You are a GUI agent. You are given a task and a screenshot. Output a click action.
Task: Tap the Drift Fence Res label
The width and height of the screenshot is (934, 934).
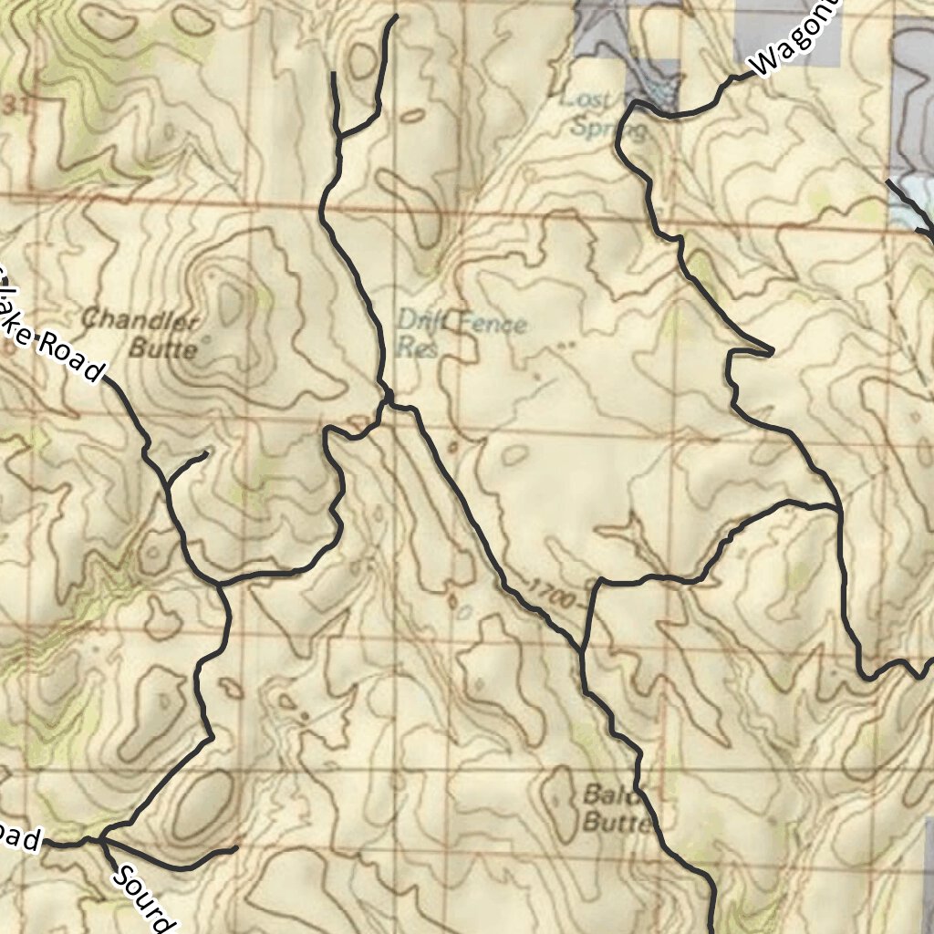462,334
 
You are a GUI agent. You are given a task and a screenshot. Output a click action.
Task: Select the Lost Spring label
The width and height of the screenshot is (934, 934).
602,113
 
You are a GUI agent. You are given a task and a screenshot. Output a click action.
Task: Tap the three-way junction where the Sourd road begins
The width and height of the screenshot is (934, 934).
100,837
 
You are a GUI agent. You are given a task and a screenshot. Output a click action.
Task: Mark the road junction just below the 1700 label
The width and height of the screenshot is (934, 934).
582,650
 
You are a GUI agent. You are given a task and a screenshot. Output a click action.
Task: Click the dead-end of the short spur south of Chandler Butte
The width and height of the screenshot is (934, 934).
207,452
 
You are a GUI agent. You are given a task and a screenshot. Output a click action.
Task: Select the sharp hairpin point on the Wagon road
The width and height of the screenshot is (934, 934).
772,350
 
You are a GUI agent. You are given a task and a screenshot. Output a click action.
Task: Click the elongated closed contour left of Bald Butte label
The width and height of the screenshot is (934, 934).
557,803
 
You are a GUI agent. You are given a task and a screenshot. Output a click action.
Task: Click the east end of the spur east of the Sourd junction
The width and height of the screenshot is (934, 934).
236,848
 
